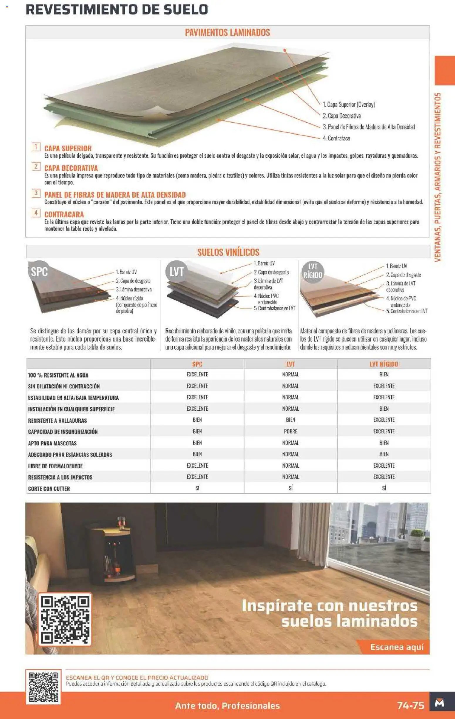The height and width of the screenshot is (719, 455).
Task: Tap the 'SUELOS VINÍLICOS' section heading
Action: [228, 252]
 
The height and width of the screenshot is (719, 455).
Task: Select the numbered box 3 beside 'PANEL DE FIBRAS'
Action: [36, 193]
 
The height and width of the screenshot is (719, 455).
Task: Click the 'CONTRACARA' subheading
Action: [64, 214]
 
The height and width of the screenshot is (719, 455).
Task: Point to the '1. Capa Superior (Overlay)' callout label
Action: [349, 104]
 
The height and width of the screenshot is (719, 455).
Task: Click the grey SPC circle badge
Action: [39, 271]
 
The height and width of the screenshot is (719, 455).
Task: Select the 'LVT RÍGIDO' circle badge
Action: [313, 271]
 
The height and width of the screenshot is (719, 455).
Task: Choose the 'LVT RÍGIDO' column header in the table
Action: [384, 364]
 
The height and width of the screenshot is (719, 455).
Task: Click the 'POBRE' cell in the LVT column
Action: [290, 432]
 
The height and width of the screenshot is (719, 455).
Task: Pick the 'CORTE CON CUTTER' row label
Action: [49, 489]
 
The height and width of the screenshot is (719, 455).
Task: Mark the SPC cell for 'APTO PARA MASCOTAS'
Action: [197, 443]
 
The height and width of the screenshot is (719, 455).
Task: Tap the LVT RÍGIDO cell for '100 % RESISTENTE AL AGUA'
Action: [384, 374]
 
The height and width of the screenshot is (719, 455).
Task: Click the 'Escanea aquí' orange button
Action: [397, 647]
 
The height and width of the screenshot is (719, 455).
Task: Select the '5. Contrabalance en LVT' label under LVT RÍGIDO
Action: [407, 311]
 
